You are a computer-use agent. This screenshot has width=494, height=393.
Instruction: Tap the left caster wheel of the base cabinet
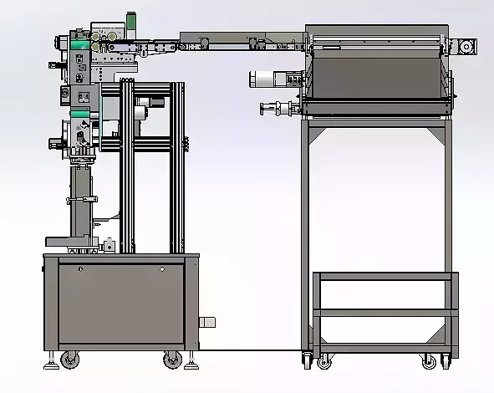click(68, 360)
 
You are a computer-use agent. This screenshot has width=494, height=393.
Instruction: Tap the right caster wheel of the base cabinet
click(172, 360)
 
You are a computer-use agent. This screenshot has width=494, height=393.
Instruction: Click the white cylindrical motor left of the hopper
click(265, 79)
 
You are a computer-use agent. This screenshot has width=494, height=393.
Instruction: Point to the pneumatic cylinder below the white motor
click(278, 108)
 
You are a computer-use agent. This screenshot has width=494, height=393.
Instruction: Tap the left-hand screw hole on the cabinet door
click(81, 269)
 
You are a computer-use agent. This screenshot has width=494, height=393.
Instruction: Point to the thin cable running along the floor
click(251, 349)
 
